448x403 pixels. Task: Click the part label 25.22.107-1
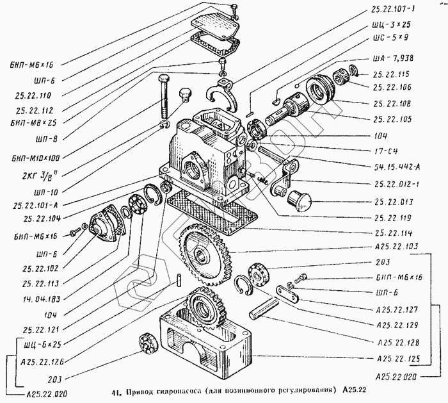click(x=397, y=10)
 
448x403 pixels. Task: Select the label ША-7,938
click(x=396, y=58)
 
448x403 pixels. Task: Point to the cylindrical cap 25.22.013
click(x=298, y=200)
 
